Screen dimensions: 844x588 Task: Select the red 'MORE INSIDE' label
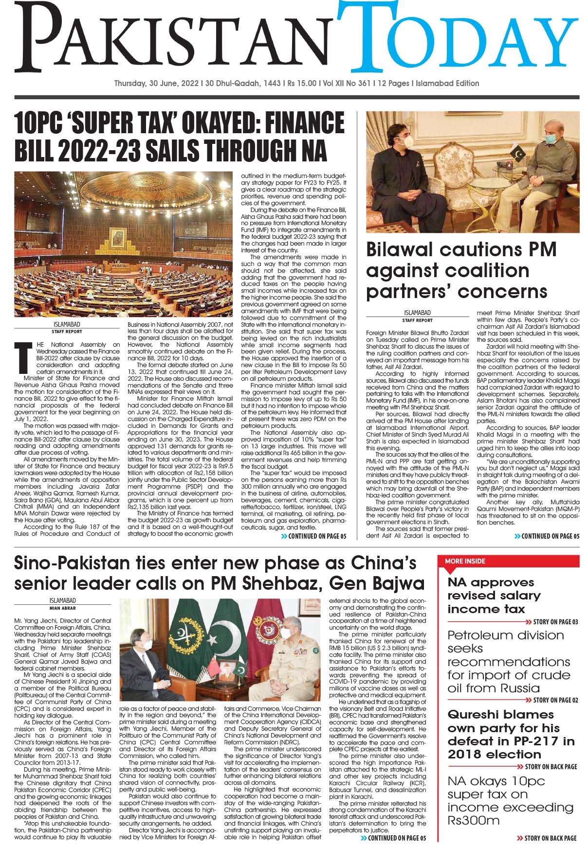click(x=465, y=561)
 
